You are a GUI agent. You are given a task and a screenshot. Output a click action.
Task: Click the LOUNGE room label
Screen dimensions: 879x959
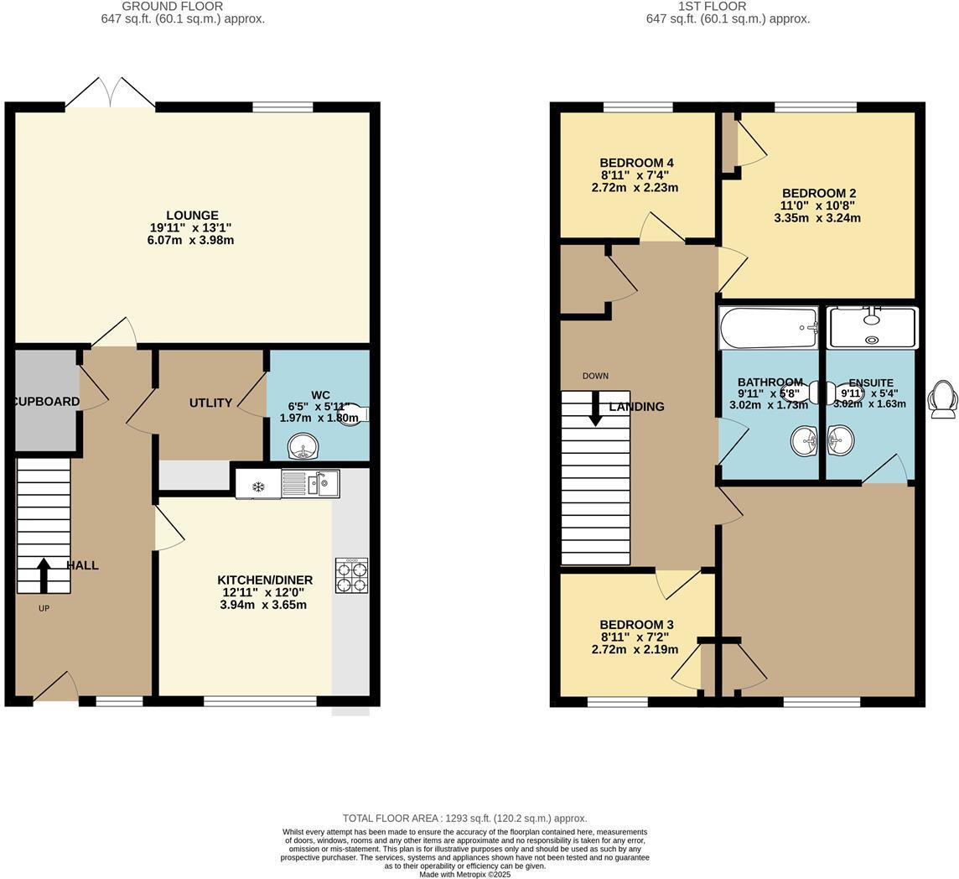tap(192, 216)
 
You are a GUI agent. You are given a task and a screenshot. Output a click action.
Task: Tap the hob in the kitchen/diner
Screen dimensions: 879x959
tap(351, 575)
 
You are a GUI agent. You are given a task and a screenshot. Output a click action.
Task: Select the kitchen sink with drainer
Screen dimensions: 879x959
tap(310, 484)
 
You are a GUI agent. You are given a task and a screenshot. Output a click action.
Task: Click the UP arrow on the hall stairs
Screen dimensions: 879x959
tap(44, 576)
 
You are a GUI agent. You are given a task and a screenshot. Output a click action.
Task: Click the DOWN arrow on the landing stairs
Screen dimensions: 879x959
tap(595, 408)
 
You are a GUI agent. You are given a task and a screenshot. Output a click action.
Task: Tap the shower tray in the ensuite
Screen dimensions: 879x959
tap(872, 328)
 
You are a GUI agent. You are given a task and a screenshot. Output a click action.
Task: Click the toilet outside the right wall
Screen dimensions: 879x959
tap(943, 398)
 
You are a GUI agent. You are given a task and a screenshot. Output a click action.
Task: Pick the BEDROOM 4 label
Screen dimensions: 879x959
tap(636, 163)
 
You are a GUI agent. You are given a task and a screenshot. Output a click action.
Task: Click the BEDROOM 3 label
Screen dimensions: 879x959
tap(636, 625)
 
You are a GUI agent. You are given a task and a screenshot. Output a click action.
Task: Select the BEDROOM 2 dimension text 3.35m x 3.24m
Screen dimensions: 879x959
tap(816, 218)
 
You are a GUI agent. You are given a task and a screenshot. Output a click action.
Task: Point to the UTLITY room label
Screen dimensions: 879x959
tap(210, 403)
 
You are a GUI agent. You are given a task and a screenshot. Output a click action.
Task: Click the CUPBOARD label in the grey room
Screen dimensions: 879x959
tap(47, 402)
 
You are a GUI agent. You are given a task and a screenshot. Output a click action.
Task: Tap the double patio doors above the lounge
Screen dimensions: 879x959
tap(110, 93)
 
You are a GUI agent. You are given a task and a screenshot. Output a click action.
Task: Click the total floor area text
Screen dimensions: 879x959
tap(464, 818)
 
